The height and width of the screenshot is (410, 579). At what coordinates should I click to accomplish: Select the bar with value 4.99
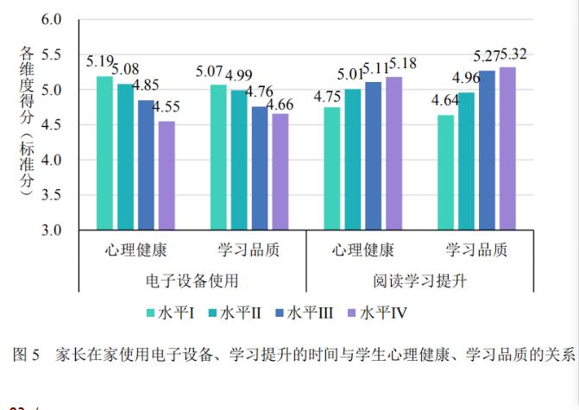click(239, 160)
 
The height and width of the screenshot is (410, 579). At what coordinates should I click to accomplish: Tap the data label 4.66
click(279, 105)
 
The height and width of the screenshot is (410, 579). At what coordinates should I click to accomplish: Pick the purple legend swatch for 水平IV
click(351, 312)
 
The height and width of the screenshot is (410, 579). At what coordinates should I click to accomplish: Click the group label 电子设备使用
click(192, 281)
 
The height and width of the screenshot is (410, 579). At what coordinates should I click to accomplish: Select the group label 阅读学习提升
click(419, 281)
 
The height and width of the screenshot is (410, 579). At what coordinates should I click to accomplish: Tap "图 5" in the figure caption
click(27, 354)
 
